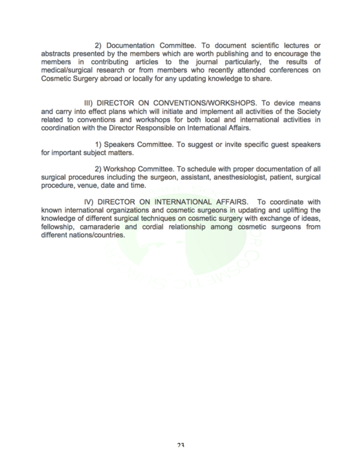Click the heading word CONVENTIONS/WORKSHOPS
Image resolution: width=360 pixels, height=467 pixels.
(205, 103)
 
